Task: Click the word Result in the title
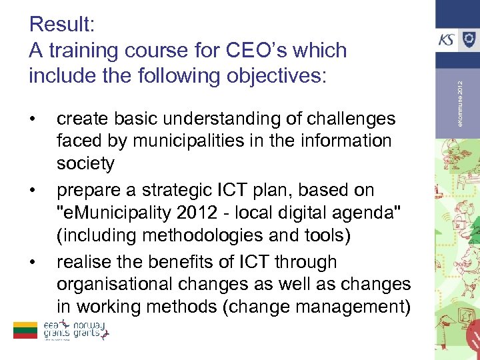tap(62, 25)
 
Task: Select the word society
tap(85, 163)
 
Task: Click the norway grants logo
tap(91, 329)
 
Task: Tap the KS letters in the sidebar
tap(446, 40)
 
